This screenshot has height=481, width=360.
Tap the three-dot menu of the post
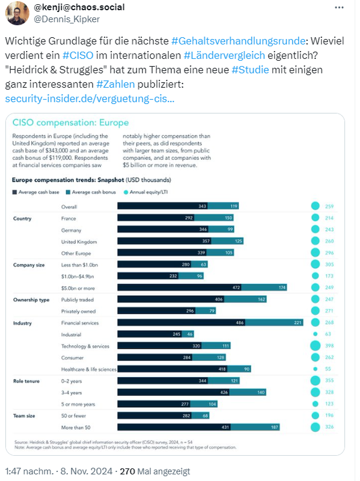pyautogui.click(x=343, y=8)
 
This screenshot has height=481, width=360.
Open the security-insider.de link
pyautogui.click(x=90, y=98)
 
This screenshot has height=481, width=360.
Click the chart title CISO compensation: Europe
pyautogui.click(x=71, y=123)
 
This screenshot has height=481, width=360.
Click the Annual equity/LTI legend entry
pyautogui.click(x=147, y=192)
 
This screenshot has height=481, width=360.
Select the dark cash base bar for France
pyautogui.click(x=156, y=218)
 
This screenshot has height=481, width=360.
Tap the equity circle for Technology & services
pyautogui.click(x=315, y=346)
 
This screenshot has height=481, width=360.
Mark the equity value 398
pyautogui.click(x=329, y=346)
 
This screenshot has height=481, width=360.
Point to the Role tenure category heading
pyautogui.click(x=28, y=381)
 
